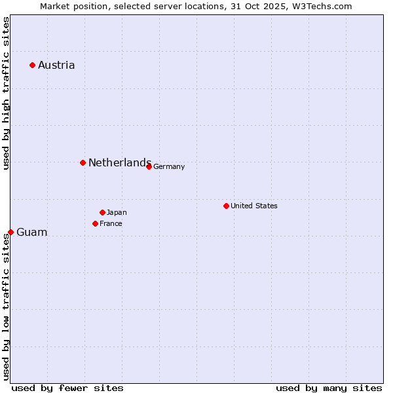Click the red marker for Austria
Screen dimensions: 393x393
32,65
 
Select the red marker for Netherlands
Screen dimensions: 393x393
83,162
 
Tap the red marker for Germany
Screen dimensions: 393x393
149,166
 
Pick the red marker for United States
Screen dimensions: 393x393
226,206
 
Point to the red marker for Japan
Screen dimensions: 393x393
102,212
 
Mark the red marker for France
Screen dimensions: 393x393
95,223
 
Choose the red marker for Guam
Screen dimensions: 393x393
10,232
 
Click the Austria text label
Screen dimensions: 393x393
56,65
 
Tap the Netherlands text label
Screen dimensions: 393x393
120,162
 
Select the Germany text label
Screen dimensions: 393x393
169,166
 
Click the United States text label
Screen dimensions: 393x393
254,206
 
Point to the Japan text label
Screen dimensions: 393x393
117,212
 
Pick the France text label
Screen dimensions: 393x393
111,223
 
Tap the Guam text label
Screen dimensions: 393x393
32,232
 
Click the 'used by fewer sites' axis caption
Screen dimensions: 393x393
67,388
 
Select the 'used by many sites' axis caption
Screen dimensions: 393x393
329,388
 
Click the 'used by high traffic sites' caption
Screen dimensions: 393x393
6,93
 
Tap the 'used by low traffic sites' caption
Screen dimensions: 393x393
6,306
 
